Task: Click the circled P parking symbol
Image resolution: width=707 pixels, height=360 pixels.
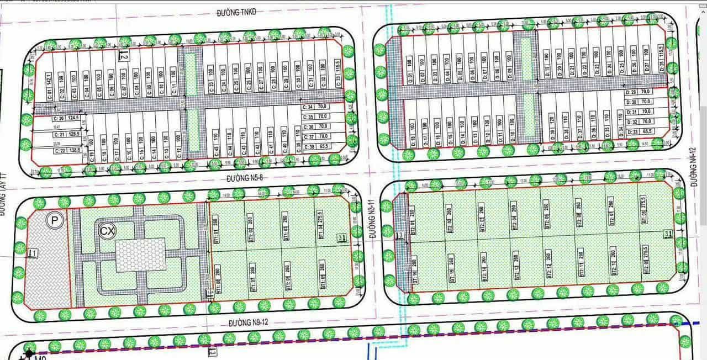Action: coord(54,220)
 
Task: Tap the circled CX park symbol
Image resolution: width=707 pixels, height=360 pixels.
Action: coord(106,230)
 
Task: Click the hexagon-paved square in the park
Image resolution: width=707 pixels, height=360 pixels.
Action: coord(141,255)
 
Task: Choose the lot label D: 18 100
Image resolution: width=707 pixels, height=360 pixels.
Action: coord(412,133)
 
